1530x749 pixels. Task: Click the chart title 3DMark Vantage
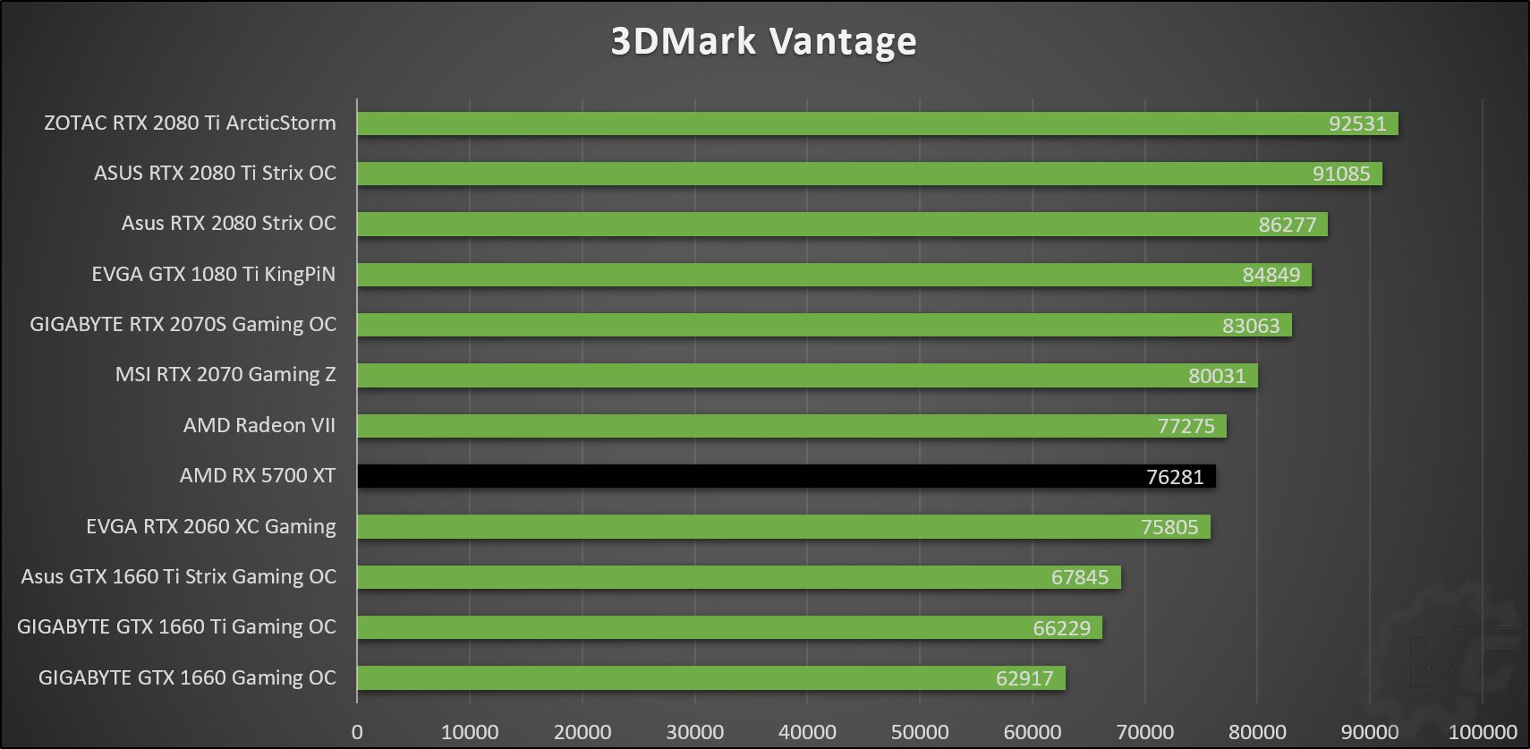coord(763,41)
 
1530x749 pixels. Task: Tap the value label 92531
coord(1356,123)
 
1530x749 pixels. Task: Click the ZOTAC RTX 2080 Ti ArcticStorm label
coord(190,123)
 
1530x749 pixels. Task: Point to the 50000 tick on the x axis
coord(919,732)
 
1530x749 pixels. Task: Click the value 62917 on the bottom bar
coord(1024,678)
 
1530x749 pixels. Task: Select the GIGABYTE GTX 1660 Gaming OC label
coord(187,677)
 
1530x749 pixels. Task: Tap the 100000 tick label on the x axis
coord(1482,732)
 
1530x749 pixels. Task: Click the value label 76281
coord(1174,477)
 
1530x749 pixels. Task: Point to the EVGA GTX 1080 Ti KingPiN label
coord(213,274)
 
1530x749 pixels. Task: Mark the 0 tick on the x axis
coord(357,732)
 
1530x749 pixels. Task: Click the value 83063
coord(1250,326)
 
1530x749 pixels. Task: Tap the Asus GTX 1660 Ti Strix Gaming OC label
coord(178,576)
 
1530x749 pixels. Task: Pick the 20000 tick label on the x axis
coord(582,732)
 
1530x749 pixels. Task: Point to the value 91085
coord(1340,174)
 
